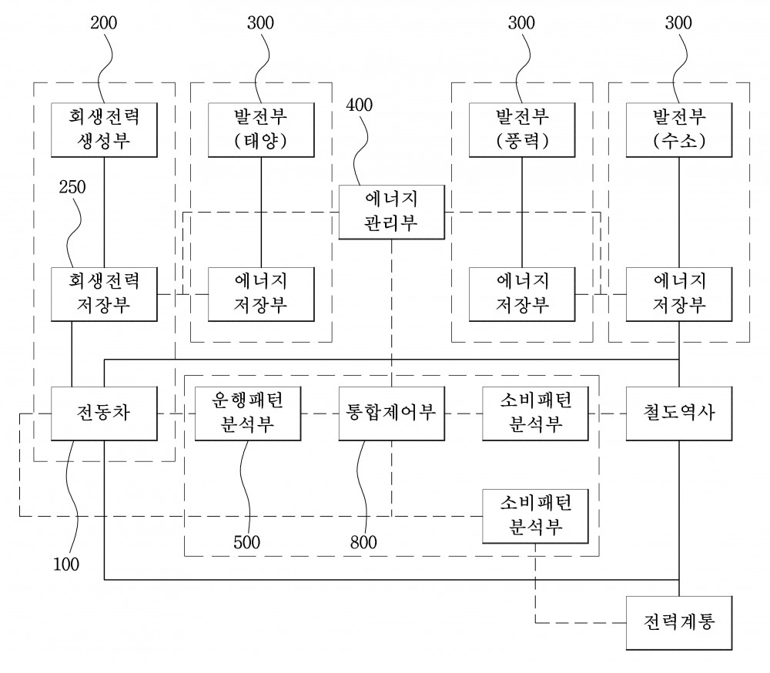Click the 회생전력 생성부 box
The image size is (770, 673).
[x=104, y=129]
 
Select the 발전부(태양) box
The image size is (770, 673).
[x=261, y=129]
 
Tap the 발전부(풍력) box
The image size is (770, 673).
[x=522, y=129]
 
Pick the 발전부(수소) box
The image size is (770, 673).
[x=679, y=129]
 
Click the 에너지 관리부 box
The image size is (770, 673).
[x=392, y=213]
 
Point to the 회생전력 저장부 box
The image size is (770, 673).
[x=104, y=294]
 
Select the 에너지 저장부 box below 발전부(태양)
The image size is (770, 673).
[x=261, y=294]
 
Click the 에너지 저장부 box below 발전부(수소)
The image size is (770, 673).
[x=679, y=294]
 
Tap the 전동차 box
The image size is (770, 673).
[x=104, y=414]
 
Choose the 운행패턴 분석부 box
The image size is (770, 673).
[x=248, y=414]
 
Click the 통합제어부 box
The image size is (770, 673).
[x=392, y=414]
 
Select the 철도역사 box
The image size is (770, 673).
[x=679, y=414]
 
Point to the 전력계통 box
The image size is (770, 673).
[x=679, y=623]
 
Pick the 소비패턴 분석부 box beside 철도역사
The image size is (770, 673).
[x=535, y=414]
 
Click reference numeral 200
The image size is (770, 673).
[x=104, y=22]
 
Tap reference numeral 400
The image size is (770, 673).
[x=360, y=105]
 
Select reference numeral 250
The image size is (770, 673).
[x=72, y=186]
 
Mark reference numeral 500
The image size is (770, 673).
[x=246, y=542]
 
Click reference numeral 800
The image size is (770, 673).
[x=363, y=542]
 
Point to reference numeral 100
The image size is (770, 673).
[x=66, y=564]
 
